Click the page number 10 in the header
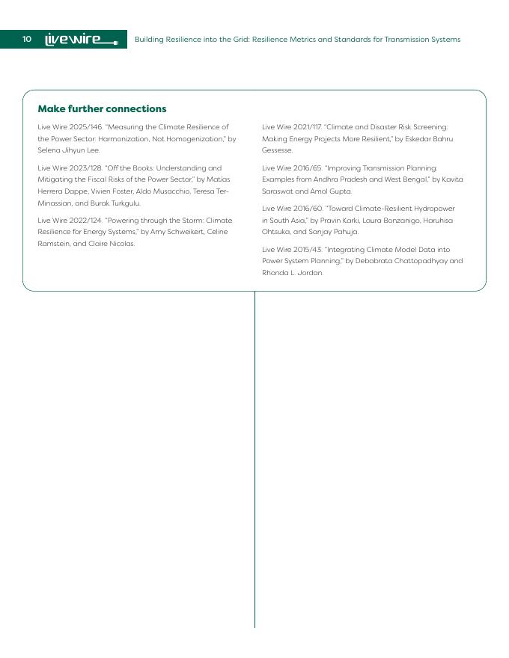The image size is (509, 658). (27, 39)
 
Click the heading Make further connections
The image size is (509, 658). (102, 109)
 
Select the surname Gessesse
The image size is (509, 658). (277, 150)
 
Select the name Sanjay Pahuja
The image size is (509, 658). (334, 232)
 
